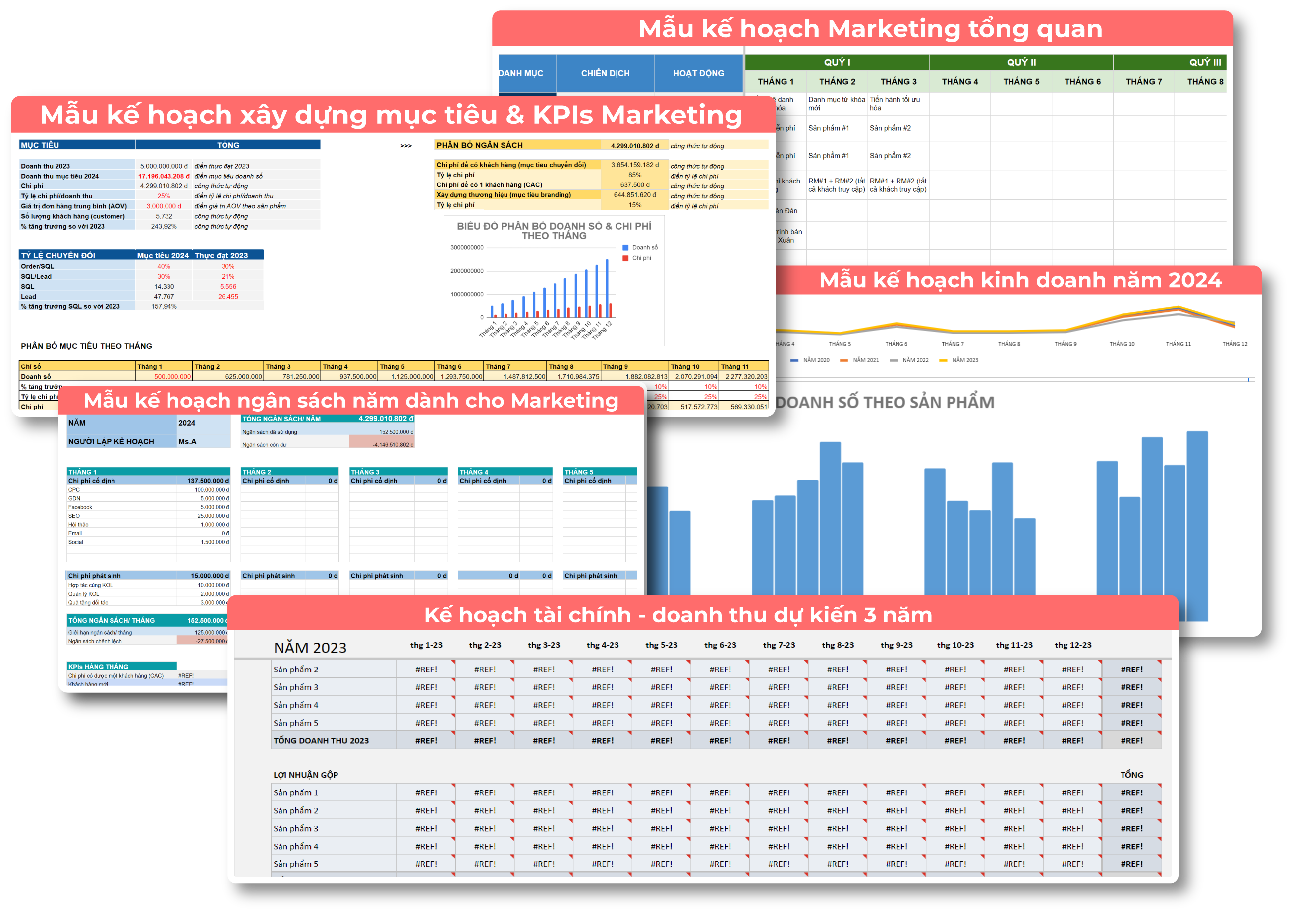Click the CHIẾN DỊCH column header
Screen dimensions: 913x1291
click(x=605, y=73)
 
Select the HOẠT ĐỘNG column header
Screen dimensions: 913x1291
click(x=698, y=73)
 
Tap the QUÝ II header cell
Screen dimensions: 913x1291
click(x=1021, y=62)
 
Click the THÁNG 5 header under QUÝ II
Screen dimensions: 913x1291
click(x=1021, y=81)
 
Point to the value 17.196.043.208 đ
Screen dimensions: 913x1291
click(x=164, y=176)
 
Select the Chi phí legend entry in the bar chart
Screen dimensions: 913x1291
click(x=641, y=258)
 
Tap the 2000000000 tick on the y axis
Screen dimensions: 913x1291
click(x=467, y=271)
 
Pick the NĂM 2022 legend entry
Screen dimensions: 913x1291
click(x=915, y=360)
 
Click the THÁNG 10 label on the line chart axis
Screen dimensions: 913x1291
click(x=1122, y=344)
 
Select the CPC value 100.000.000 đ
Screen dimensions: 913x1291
click(x=212, y=490)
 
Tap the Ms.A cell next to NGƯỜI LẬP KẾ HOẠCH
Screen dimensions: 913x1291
click(x=188, y=441)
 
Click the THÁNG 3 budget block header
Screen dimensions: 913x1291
click(x=365, y=472)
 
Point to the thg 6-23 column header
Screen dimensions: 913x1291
click(x=720, y=645)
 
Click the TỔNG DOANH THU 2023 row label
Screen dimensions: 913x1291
click(x=321, y=741)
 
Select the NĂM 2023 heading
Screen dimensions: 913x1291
click(x=310, y=648)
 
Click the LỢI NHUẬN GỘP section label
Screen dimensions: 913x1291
click(x=306, y=775)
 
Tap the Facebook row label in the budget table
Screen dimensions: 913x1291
click(x=80, y=507)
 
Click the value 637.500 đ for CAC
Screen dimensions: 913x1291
click(x=635, y=185)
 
